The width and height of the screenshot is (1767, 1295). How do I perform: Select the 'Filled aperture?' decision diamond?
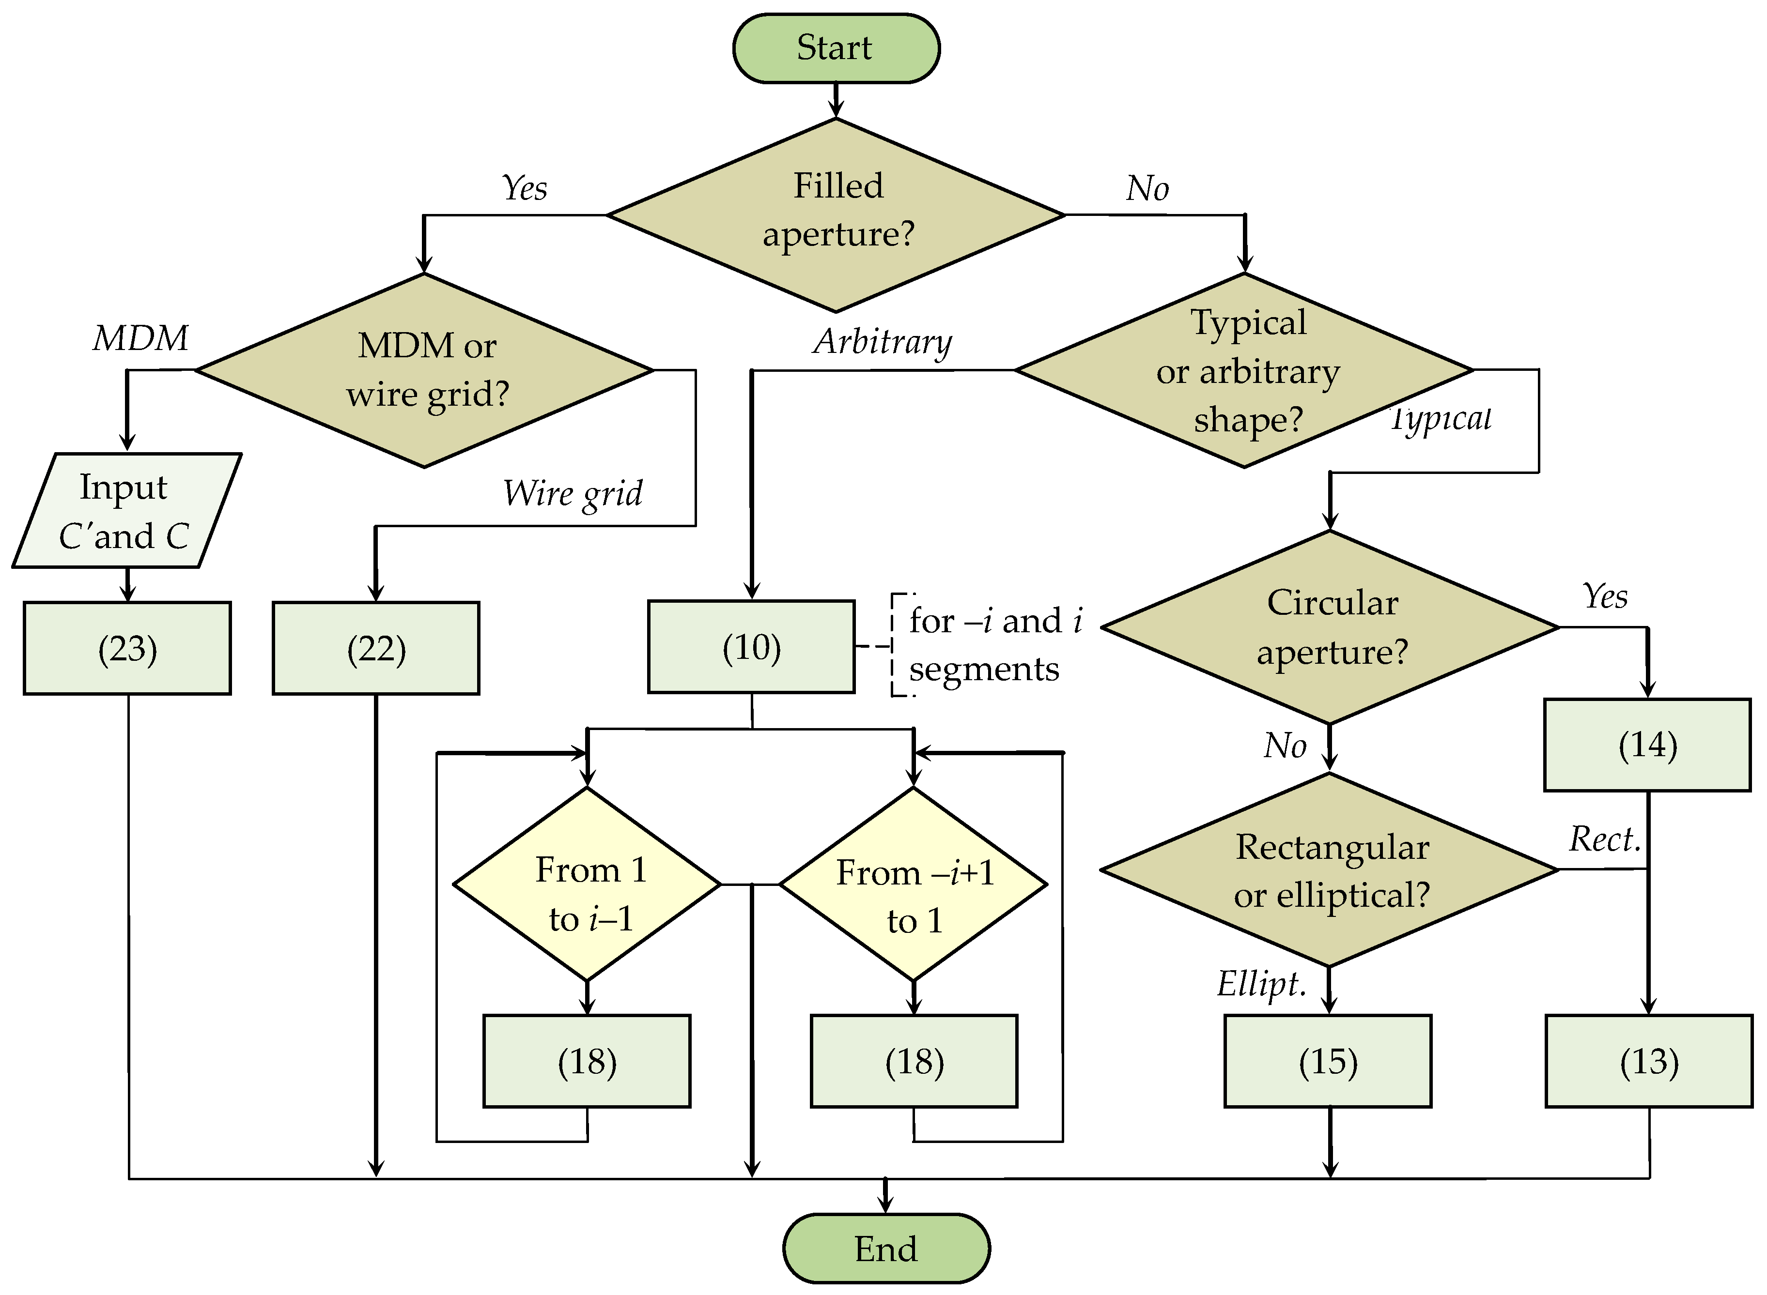(836, 214)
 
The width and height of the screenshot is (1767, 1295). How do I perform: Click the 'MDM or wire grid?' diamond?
(425, 369)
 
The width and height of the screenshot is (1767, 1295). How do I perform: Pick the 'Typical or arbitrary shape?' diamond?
(1245, 369)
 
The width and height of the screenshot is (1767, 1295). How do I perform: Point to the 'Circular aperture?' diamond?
(1330, 627)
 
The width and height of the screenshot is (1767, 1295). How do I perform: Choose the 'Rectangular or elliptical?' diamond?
(1330, 869)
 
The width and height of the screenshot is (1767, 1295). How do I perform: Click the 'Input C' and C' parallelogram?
(125, 510)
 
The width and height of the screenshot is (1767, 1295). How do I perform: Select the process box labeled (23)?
(127, 648)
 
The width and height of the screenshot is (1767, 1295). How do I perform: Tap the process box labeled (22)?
(376, 648)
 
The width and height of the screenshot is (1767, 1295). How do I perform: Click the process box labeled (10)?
(751, 647)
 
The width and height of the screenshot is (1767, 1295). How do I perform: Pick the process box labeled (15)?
(1328, 1061)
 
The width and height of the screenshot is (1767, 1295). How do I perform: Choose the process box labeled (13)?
(1649, 1061)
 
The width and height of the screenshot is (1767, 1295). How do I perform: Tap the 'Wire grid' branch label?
(573, 494)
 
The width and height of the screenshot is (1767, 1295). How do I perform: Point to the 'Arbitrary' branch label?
(883, 342)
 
